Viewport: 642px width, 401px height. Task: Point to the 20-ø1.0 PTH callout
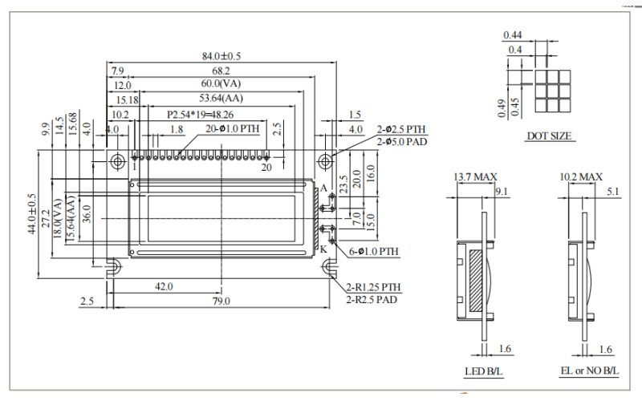(232, 128)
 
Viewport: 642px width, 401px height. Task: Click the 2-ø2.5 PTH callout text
(401, 129)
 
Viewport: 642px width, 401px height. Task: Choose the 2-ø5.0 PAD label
(401, 141)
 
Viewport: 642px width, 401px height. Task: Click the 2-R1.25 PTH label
(373, 287)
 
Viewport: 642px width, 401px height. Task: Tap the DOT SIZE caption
(549, 136)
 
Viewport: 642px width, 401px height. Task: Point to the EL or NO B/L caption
(590, 371)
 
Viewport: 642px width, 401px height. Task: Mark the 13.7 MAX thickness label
(476, 176)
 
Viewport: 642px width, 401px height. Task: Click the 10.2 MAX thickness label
(580, 176)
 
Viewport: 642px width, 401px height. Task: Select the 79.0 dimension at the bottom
(221, 301)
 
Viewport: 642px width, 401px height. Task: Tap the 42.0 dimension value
(165, 286)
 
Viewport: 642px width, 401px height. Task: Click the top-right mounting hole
(325, 160)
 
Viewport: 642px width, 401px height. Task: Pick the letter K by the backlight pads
(323, 249)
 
